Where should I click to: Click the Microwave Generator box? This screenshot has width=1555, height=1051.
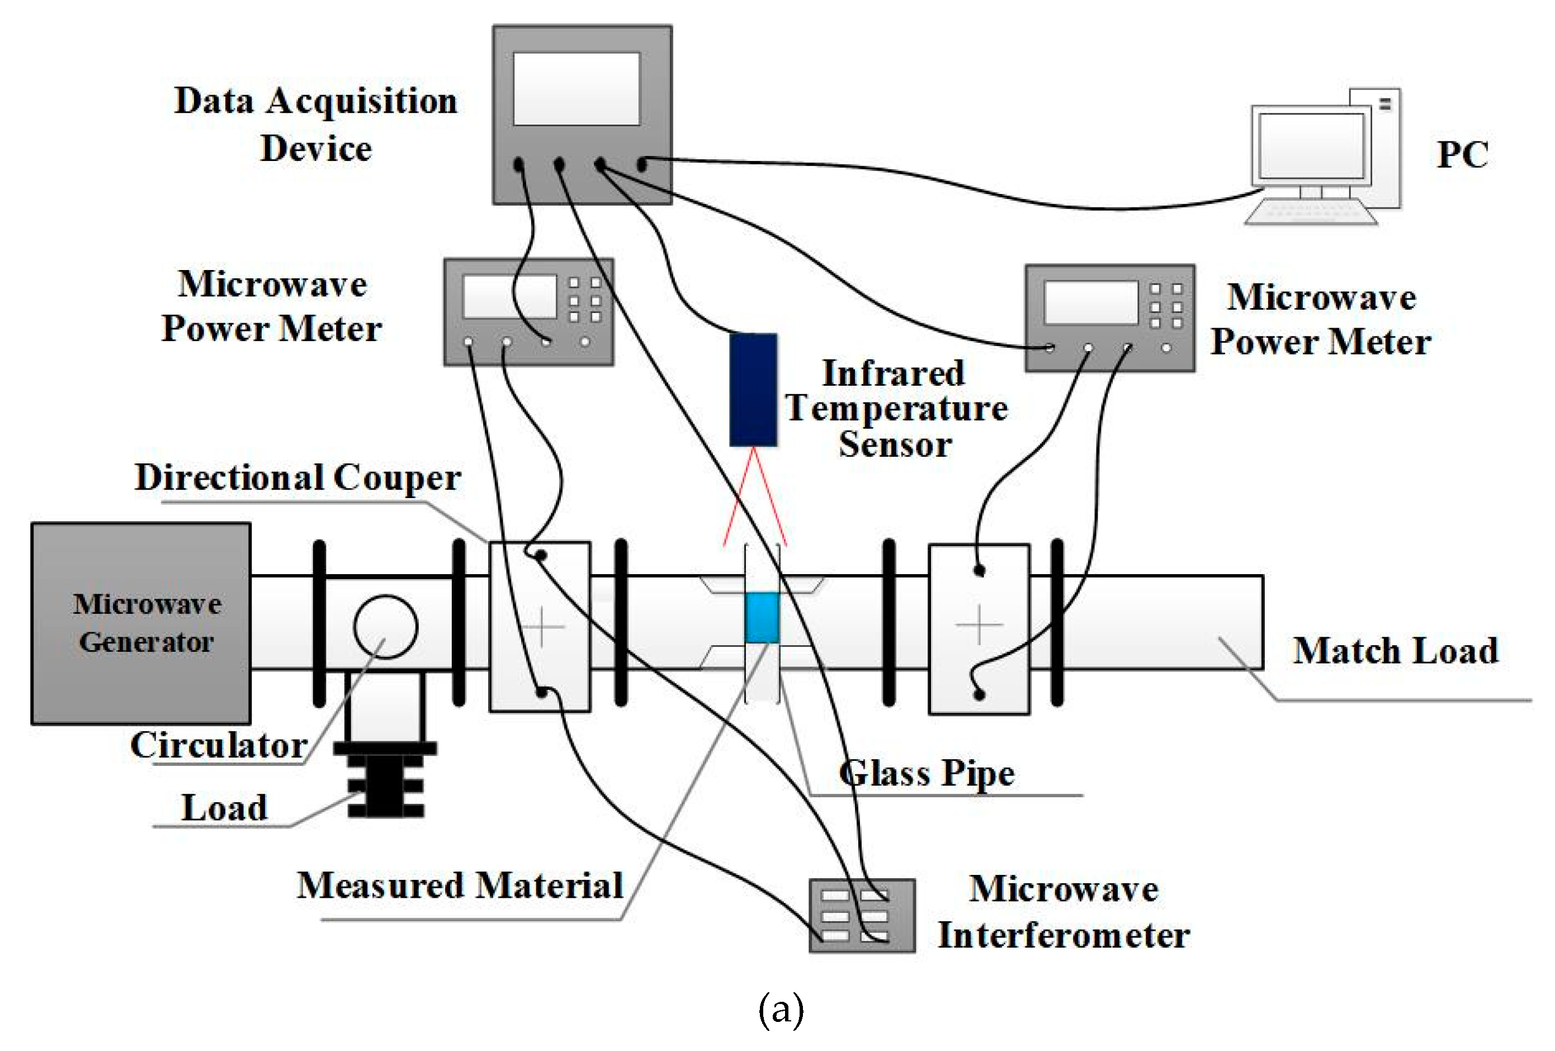click(140, 623)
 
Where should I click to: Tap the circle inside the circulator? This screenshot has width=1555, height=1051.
click(385, 626)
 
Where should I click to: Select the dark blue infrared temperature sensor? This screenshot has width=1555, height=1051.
click(753, 389)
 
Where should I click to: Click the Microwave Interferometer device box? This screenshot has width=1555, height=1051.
click(861, 915)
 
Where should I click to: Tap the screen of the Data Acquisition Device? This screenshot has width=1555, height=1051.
click(576, 89)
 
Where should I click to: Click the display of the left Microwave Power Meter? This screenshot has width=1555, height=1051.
click(508, 296)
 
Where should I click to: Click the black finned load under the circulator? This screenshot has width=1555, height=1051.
click(385, 780)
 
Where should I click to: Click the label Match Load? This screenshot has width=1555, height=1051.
click(1395, 650)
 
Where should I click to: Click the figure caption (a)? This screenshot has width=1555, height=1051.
click(780, 1010)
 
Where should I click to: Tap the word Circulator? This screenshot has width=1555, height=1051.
click(219, 745)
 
